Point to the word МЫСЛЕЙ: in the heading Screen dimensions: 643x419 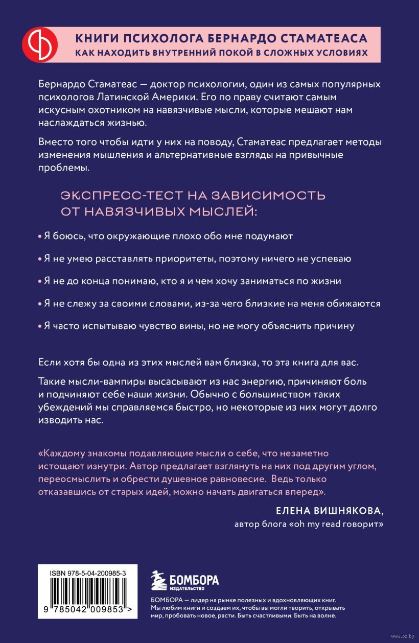point(223,212)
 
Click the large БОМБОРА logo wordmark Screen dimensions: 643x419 point(194,580)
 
